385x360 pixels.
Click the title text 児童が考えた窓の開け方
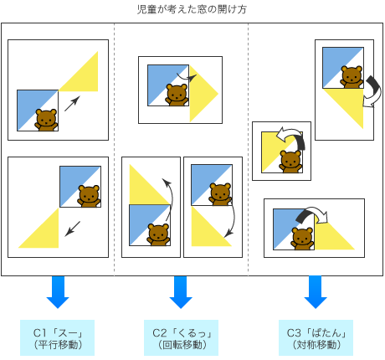click(x=192, y=9)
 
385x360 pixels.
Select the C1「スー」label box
click(x=57, y=337)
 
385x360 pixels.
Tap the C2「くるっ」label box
click(x=181, y=337)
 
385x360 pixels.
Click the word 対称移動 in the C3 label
click(x=316, y=345)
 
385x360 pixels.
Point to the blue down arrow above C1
click(x=58, y=292)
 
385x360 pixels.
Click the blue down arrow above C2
click(x=181, y=292)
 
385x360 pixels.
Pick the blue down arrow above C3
click(x=316, y=292)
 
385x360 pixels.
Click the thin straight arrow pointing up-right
click(x=72, y=104)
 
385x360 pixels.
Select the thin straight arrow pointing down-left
click(x=73, y=229)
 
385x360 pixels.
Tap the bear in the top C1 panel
click(x=46, y=120)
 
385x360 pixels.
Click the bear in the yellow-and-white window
click(x=290, y=162)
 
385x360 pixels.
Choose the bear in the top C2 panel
click(x=177, y=95)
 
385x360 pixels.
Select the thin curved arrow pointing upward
click(x=171, y=198)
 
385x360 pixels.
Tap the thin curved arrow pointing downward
click(x=233, y=220)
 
